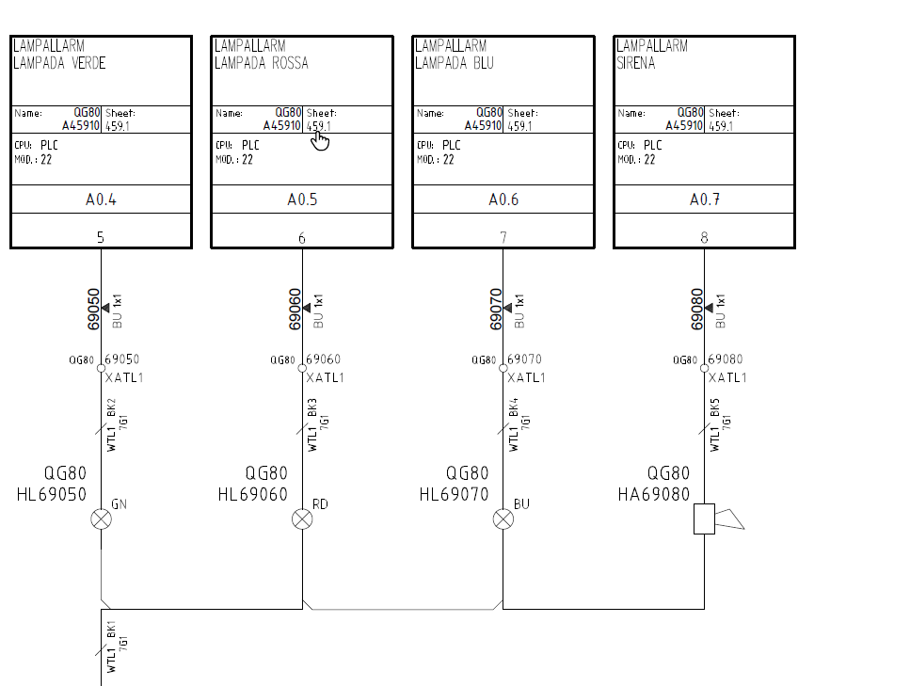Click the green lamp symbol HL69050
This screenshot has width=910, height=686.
(x=102, y=518)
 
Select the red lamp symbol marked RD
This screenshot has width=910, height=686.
(x=302, y=518)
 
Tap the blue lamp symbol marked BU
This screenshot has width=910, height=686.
(x=503, y=518)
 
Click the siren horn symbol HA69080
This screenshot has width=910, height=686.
(x=718, y=518)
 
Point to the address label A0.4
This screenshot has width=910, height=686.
(x=101, y=199)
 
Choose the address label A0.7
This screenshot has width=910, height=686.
(x=705, y=199)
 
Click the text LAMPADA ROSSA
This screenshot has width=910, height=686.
(x=262, y=63)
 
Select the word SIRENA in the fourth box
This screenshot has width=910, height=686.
(x=635, y=63)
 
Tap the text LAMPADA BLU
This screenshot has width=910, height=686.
(x=455, y=63)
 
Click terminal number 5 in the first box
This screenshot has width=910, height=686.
(x=101, y=237)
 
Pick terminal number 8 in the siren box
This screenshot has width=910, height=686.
(x=704, y=237)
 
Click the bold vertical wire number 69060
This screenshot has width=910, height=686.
(x=295, y=310)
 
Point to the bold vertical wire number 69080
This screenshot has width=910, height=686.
(x=697, y=310)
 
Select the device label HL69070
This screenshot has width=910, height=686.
(x=454, y=494)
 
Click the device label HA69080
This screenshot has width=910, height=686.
(x=654, y=494)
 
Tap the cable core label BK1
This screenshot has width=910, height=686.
(x=111, y=630)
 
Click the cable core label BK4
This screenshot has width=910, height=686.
(x=514, y=407)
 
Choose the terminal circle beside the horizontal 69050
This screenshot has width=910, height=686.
(x=101, y=368)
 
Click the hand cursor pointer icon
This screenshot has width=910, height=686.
(x=320, y=140)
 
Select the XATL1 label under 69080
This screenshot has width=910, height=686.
(x=727, y=378)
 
